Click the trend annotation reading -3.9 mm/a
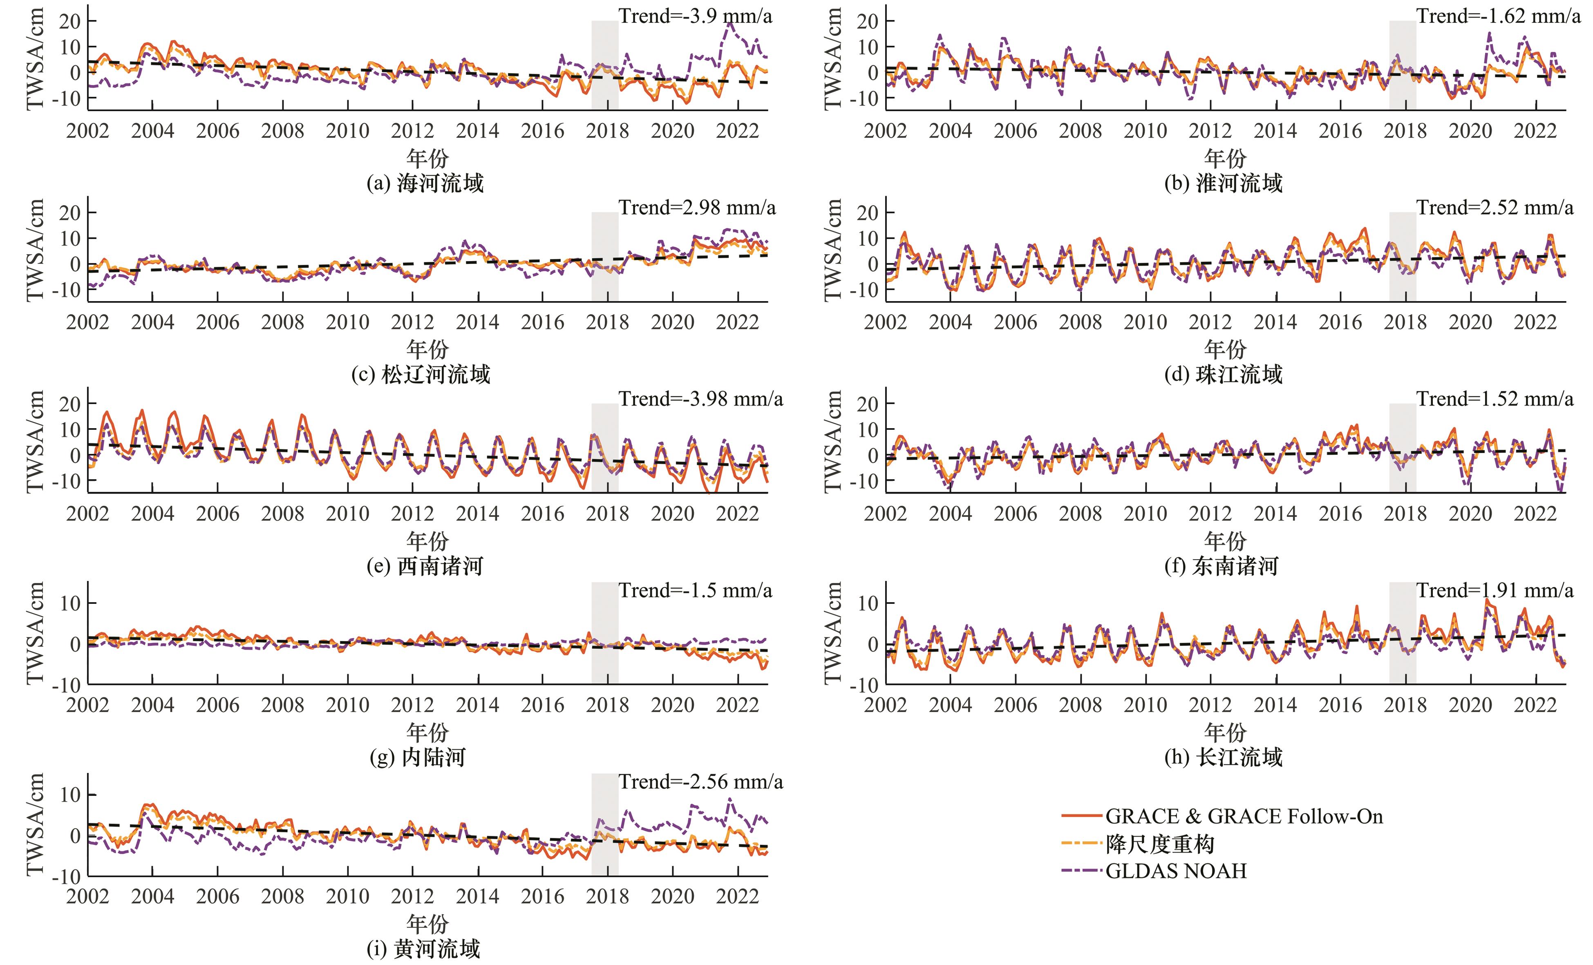[x=695, y=16]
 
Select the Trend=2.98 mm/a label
[x=697, y=208]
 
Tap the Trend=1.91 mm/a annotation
[x=1495, y=590]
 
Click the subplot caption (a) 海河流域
[x=425, y=183]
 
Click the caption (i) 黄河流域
[x=423, y=949]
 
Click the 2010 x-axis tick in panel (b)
[x=1145, y=131]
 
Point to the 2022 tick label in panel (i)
[x=737, y=896]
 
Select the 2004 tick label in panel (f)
[x=951, y=514]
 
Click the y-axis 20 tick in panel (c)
[x=70, y=212]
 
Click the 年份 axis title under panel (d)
[x=1224, y=349]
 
